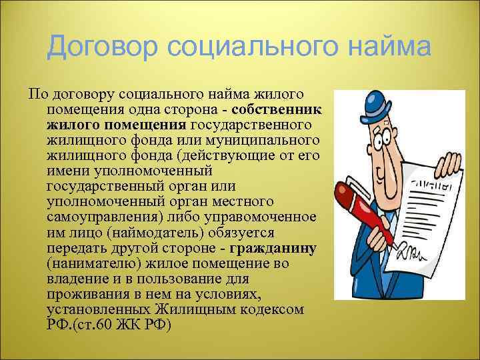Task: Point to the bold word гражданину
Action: pos(273,249)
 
